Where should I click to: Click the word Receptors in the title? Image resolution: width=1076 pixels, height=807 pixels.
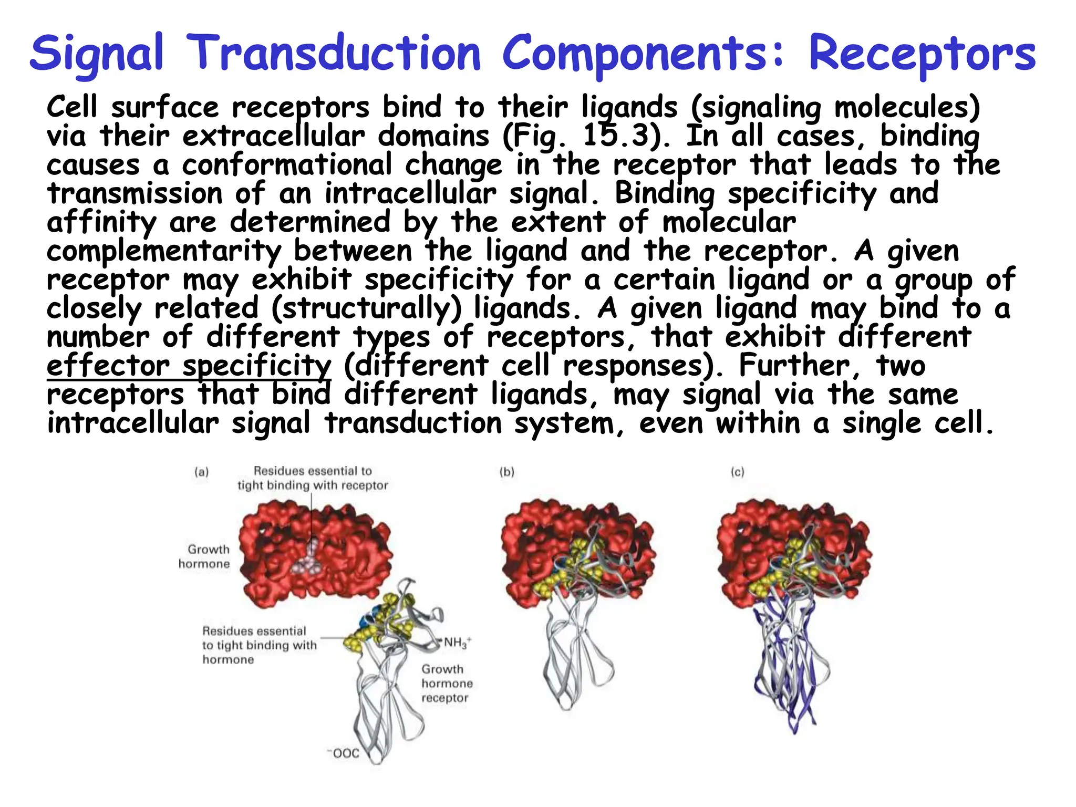pos(922,53)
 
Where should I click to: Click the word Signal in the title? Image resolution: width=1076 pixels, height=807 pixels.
pos(97,53)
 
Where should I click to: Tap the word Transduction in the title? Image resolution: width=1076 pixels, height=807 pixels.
pos(334,53)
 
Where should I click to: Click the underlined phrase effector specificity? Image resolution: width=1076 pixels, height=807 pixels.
pos(189,366)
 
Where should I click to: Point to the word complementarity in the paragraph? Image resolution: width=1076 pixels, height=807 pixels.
pos(163,251)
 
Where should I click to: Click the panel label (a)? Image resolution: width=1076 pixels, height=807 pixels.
pos(201,472)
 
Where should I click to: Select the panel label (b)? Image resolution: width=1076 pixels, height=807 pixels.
pos(506,472)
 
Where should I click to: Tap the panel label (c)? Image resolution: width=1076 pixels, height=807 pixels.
pos(737,472)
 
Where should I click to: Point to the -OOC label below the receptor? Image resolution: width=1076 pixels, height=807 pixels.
pos(344,753)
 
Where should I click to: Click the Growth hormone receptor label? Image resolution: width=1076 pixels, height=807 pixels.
pos(446,684)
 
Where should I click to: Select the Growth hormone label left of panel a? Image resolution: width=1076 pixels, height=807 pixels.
pos(205,556)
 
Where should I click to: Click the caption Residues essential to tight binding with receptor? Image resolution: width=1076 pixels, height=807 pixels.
pos(313,478)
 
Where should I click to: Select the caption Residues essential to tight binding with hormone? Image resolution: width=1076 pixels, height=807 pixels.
pos(258,645)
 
